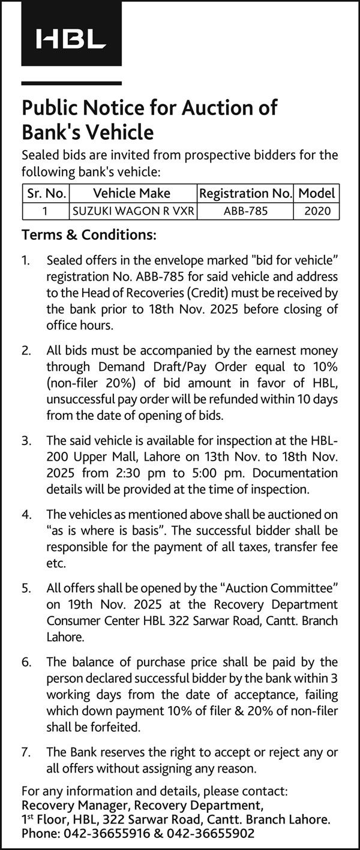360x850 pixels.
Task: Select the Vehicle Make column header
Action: pyautogui.click(x=131, y=193)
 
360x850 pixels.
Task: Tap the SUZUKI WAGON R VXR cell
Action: pyautogui.click(x=132, y=211)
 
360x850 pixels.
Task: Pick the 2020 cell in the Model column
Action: pyautogui.click(x=317, y=211)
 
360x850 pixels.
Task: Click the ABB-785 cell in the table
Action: pyautogui.click(x=245, y=211)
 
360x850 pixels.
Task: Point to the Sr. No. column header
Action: pyautogui.click(x=46, y=193)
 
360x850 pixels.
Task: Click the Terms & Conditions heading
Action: pyautogui.click(x=89, y=235)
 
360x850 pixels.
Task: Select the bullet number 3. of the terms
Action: pyautogui.click(x=26, y=440)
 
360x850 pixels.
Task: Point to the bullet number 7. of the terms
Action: pyautogui.click(x=26, y=752)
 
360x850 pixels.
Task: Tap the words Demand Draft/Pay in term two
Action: pyautogui.click(x=130, y=366)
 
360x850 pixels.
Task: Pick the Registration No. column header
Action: pyautogui.click(x=245, y=193)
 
